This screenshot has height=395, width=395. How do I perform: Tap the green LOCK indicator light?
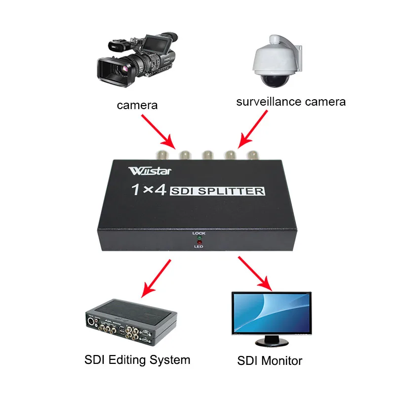pyautogui.click(x=199, y=237)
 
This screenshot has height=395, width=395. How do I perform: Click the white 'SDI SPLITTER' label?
pyautogui.click(x=218, y=191)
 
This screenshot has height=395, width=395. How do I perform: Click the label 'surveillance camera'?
pyautogui.click(x=291, y=102)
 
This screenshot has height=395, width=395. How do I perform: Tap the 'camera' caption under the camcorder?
pyautogui.click(x=137, y=105)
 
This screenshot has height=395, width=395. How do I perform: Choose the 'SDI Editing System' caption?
pyautogui.click(x=137, y=359)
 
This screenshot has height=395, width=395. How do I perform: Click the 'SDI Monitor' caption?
pyautogui.click(x=270, y=360)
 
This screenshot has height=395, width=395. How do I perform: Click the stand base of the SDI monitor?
pyautogui.click(x=271, y=342)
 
